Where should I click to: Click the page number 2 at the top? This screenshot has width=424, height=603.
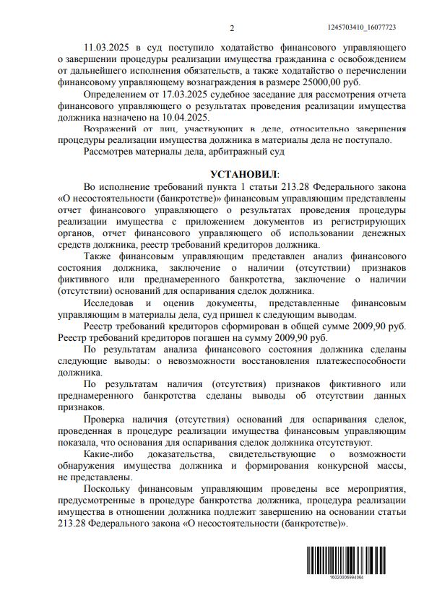[232, 27]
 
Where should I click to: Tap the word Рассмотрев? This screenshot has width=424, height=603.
[109, 152]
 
